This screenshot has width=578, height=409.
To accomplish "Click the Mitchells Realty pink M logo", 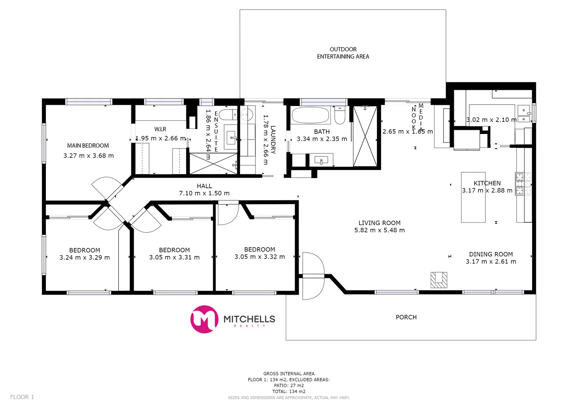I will tap(204, 319).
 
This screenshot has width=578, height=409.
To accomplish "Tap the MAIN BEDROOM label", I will tap(88, 145).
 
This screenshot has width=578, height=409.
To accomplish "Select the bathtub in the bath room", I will tap(311, 115).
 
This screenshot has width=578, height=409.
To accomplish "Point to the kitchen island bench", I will tap(473, 197).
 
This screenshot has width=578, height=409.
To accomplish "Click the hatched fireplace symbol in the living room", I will tap(439, 280).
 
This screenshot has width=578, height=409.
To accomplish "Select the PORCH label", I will tap(406, 317).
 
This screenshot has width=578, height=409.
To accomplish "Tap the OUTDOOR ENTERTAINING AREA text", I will tap(343, 53).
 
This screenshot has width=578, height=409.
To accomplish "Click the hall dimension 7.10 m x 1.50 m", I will tap(204, 193).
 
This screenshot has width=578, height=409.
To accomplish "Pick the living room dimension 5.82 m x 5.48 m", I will tap(379, 230).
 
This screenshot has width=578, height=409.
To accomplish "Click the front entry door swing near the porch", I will tap(313, 275).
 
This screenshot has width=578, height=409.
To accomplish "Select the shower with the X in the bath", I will tap(365, 136).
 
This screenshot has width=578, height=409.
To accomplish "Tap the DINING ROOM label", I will tap(491, 254).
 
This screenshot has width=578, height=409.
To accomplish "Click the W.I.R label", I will tap(160, 129).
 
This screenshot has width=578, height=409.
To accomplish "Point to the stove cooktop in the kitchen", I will tap(523, 184).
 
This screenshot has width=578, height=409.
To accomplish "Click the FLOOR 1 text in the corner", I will tap(22, 397).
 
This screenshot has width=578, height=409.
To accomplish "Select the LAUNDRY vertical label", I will tap(273, 140).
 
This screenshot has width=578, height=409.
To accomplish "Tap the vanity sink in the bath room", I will tap(321, 160).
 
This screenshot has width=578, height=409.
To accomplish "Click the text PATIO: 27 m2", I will tap(289, 386).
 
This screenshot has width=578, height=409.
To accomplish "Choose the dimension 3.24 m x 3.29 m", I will tap(84, 258).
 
